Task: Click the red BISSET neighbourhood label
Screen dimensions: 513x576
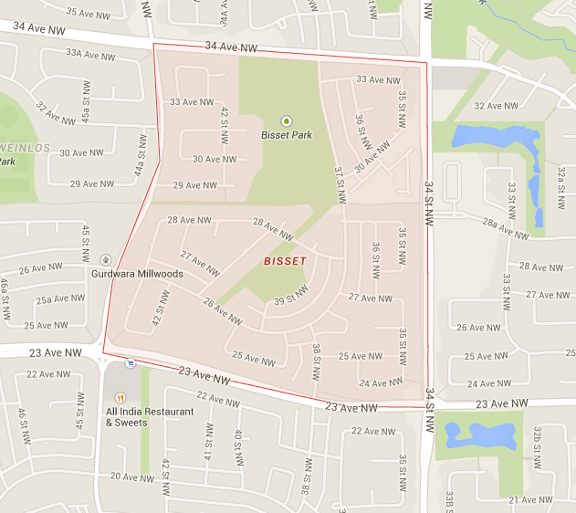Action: tap(285, 261)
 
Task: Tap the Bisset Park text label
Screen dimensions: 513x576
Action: tap(286, 135)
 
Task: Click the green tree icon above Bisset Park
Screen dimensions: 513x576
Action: tap(286, 120)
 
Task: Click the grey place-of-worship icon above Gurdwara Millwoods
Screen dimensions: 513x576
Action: tap(106, 260)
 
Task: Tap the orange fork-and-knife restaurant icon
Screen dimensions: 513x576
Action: tap(120, 398)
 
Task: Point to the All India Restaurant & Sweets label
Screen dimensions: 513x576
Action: tap(150, 416)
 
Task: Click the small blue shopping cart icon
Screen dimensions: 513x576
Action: tap(131, 362)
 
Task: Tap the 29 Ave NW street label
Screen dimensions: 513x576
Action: tap(195, 184)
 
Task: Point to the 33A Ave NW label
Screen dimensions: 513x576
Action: tap(90, 55)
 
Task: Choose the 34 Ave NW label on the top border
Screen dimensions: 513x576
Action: tap(231, 47)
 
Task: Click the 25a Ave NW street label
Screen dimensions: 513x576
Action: tap(61, 298)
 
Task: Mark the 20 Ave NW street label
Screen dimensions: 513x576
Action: tap(133, 476)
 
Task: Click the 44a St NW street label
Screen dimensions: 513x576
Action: tap(141, 156)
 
